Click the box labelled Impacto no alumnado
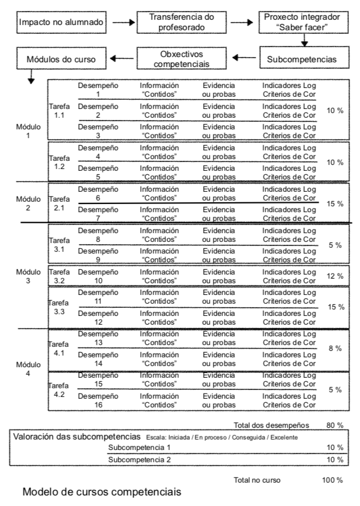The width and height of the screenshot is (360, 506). click(61, 23)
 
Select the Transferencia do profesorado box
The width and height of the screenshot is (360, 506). click(181, 23)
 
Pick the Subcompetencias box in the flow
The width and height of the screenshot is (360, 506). click(301, 58)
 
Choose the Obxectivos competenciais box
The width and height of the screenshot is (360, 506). click(181, 58)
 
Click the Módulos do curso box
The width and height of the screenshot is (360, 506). click(61, 59)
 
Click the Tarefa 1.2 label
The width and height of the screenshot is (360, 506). click(58, 162)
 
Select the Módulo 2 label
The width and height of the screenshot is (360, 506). click(28, 203)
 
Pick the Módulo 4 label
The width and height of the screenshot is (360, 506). click(28, 369)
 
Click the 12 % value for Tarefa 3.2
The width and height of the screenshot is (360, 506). click(335, 276)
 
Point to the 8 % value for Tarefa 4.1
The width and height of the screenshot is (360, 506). click(335, 349)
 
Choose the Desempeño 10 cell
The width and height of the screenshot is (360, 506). click(98, 276)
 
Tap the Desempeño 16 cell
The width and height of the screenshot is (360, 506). click(98, 400)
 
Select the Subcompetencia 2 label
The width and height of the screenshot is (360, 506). click(139, 460)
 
